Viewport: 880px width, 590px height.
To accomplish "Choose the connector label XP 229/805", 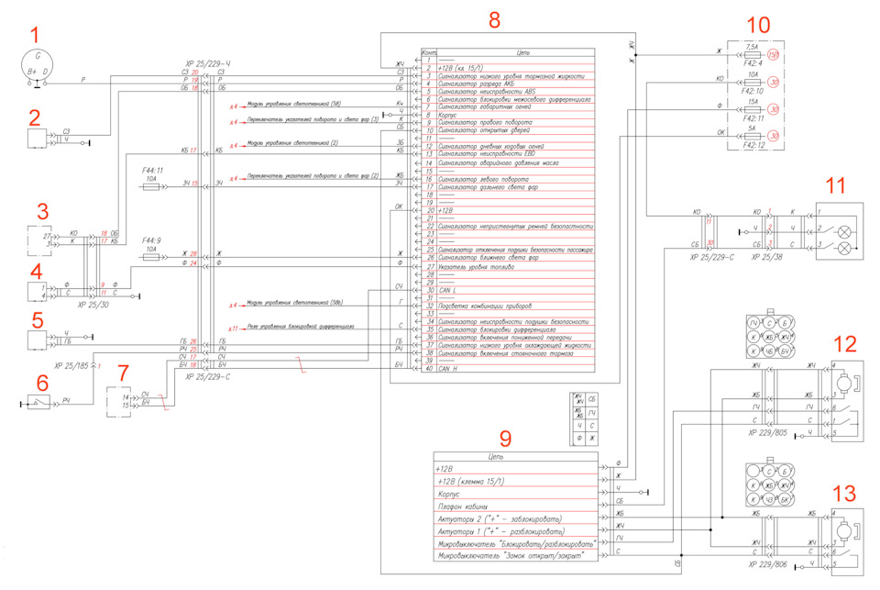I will [x=767, y=431].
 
